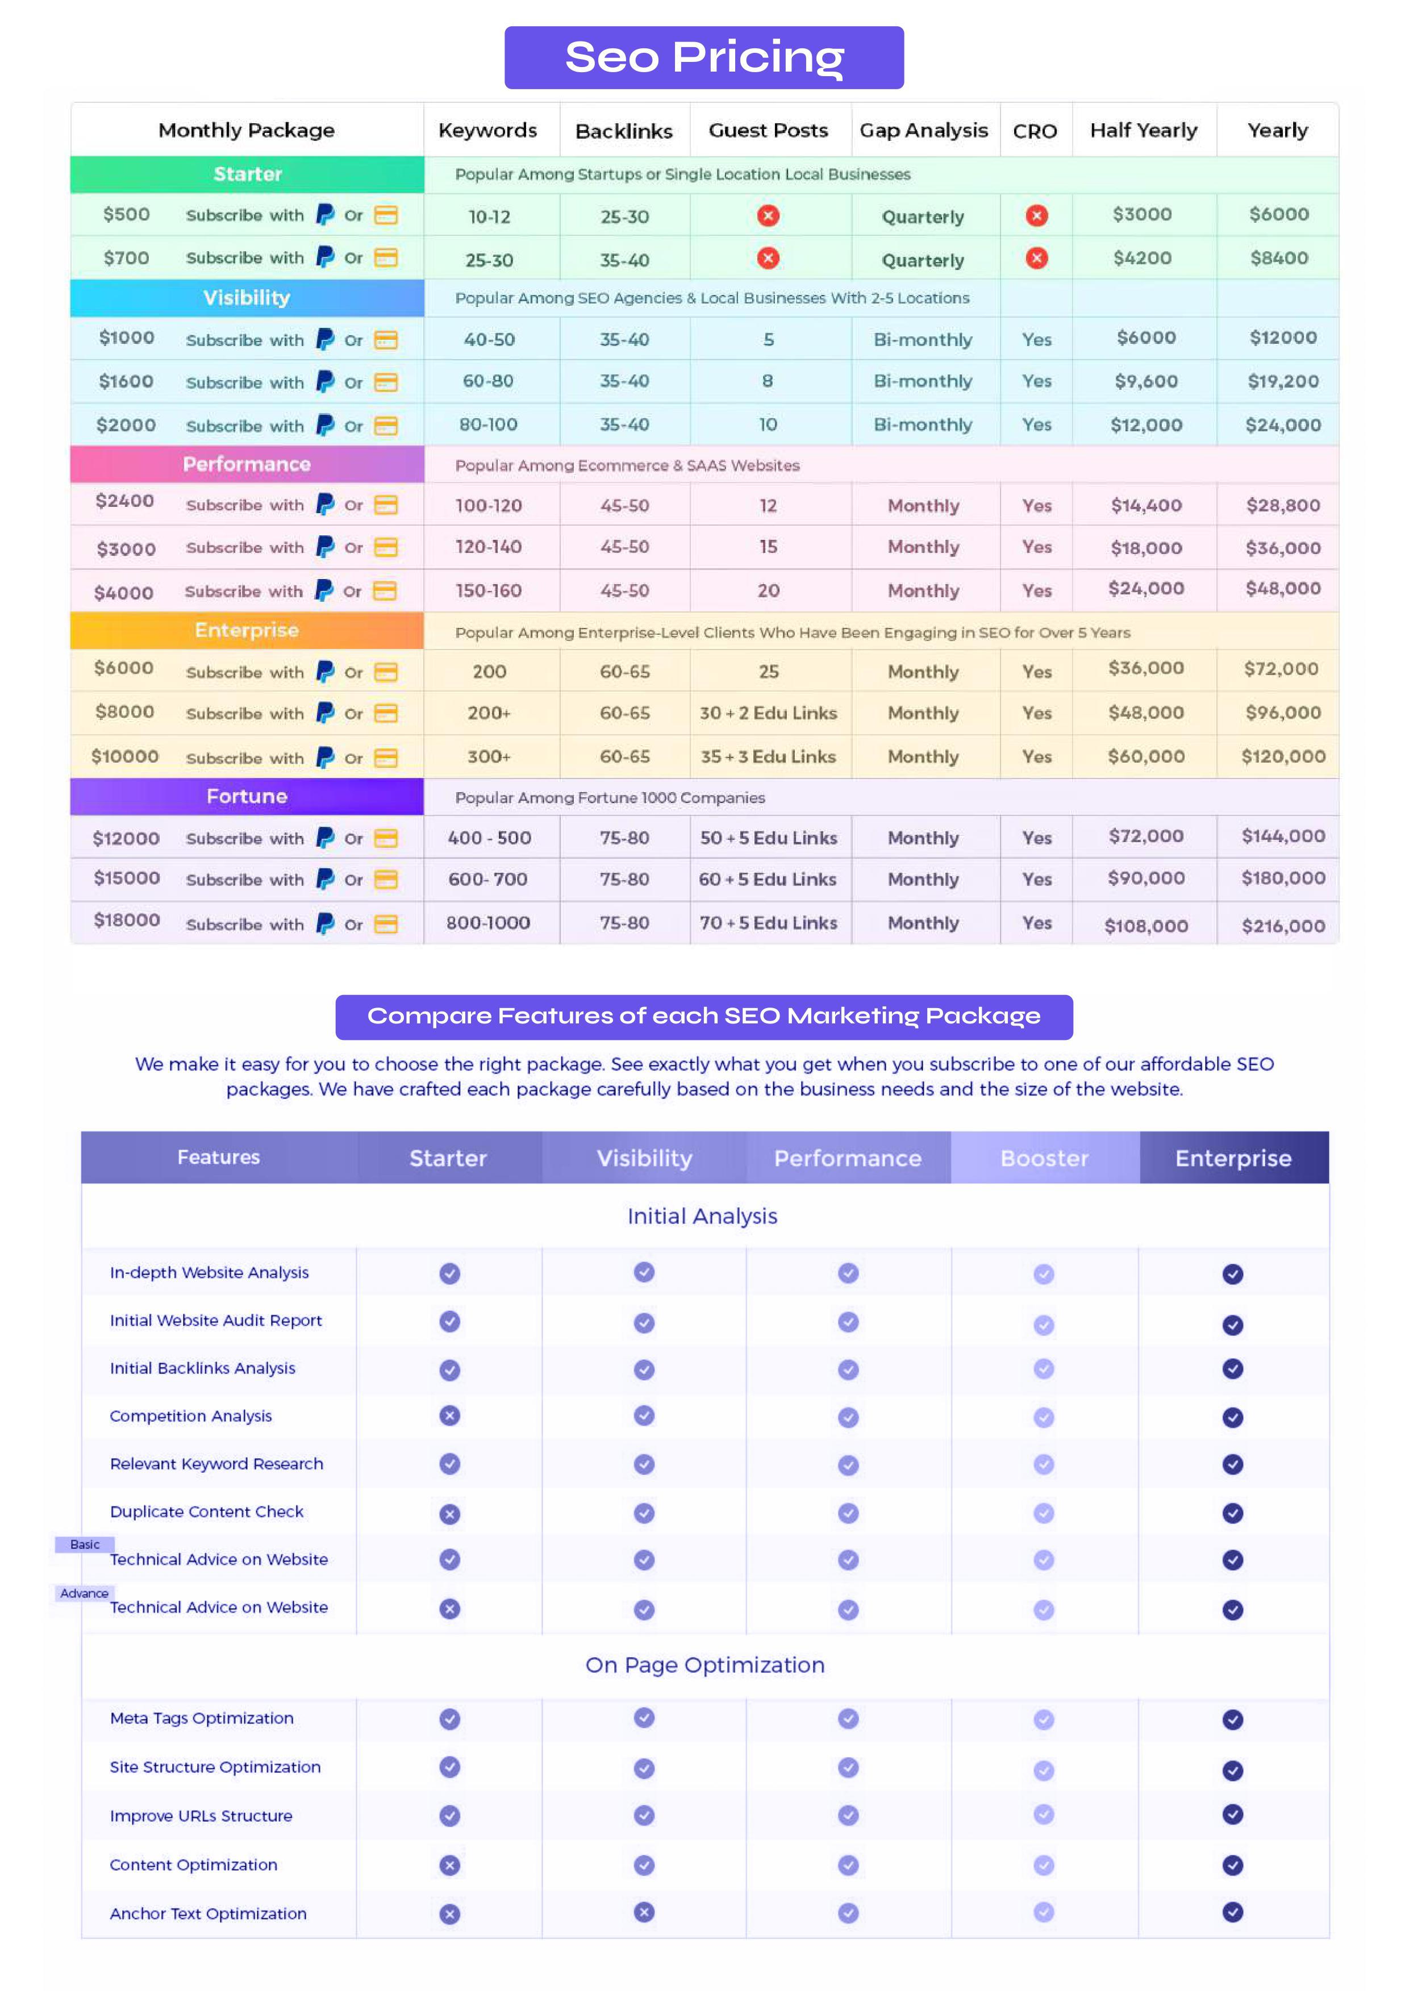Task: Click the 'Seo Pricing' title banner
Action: point(704,57)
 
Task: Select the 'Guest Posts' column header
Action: point(768,130)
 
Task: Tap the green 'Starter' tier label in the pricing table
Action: point(247,174)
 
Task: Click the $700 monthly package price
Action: point(127,258)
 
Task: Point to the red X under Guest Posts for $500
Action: point(768,215)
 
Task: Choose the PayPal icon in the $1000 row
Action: point(324,340)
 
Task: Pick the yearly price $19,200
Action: point(1283,381)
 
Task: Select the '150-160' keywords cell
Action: point(489,590)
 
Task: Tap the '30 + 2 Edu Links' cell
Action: point(768,713)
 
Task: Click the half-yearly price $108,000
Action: point(1146,926)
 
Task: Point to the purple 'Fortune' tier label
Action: point(247,796)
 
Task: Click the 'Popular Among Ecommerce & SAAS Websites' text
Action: point(627,465)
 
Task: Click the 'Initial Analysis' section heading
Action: point(702,1216)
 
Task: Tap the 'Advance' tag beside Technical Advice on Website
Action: point(84,1593)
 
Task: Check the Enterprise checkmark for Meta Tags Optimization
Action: point(1233,1720)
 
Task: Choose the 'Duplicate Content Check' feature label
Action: point(207,1512)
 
